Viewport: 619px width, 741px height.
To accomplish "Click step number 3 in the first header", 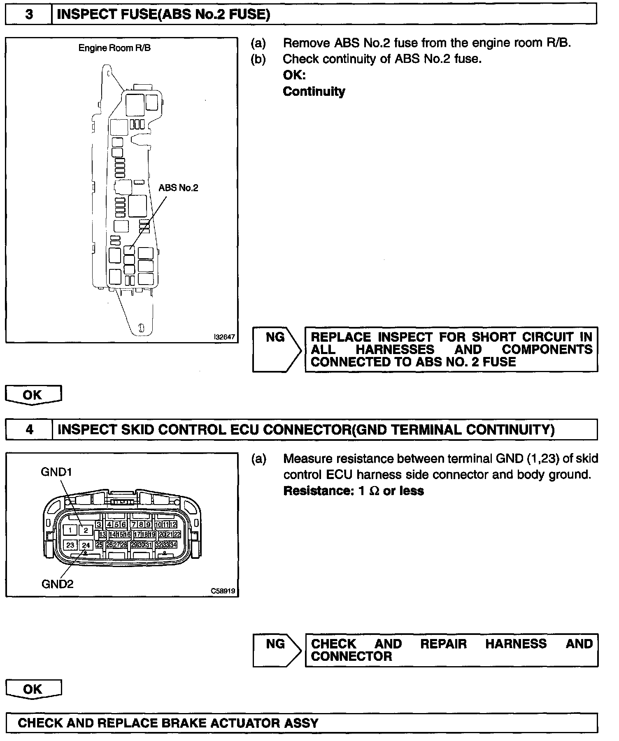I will coord(29,15).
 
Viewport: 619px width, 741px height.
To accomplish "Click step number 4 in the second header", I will coord(29,430).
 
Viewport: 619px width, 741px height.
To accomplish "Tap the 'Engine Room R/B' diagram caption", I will coord(114,48).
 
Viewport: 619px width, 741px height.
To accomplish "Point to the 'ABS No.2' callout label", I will coord(178,188).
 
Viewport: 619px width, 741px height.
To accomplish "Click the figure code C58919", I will coord(223,591).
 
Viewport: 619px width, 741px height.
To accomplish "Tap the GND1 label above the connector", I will coord(56,472).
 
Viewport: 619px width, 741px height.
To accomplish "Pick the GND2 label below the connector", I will coord(57,584).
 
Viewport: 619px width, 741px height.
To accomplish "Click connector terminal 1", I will coord(70,530).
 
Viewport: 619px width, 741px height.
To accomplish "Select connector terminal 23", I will coord(70,545).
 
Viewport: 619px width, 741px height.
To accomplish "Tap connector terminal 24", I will coord(86,545).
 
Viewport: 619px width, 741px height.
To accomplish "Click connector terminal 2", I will coord(86,530).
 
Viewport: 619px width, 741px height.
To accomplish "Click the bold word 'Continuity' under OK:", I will coord(314,91).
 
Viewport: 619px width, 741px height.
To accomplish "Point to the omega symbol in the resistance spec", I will coord(374,491).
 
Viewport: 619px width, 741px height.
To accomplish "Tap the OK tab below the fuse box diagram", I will coord(33,395).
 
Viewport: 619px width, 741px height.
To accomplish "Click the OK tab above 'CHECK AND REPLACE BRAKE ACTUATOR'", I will coord(33,689).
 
